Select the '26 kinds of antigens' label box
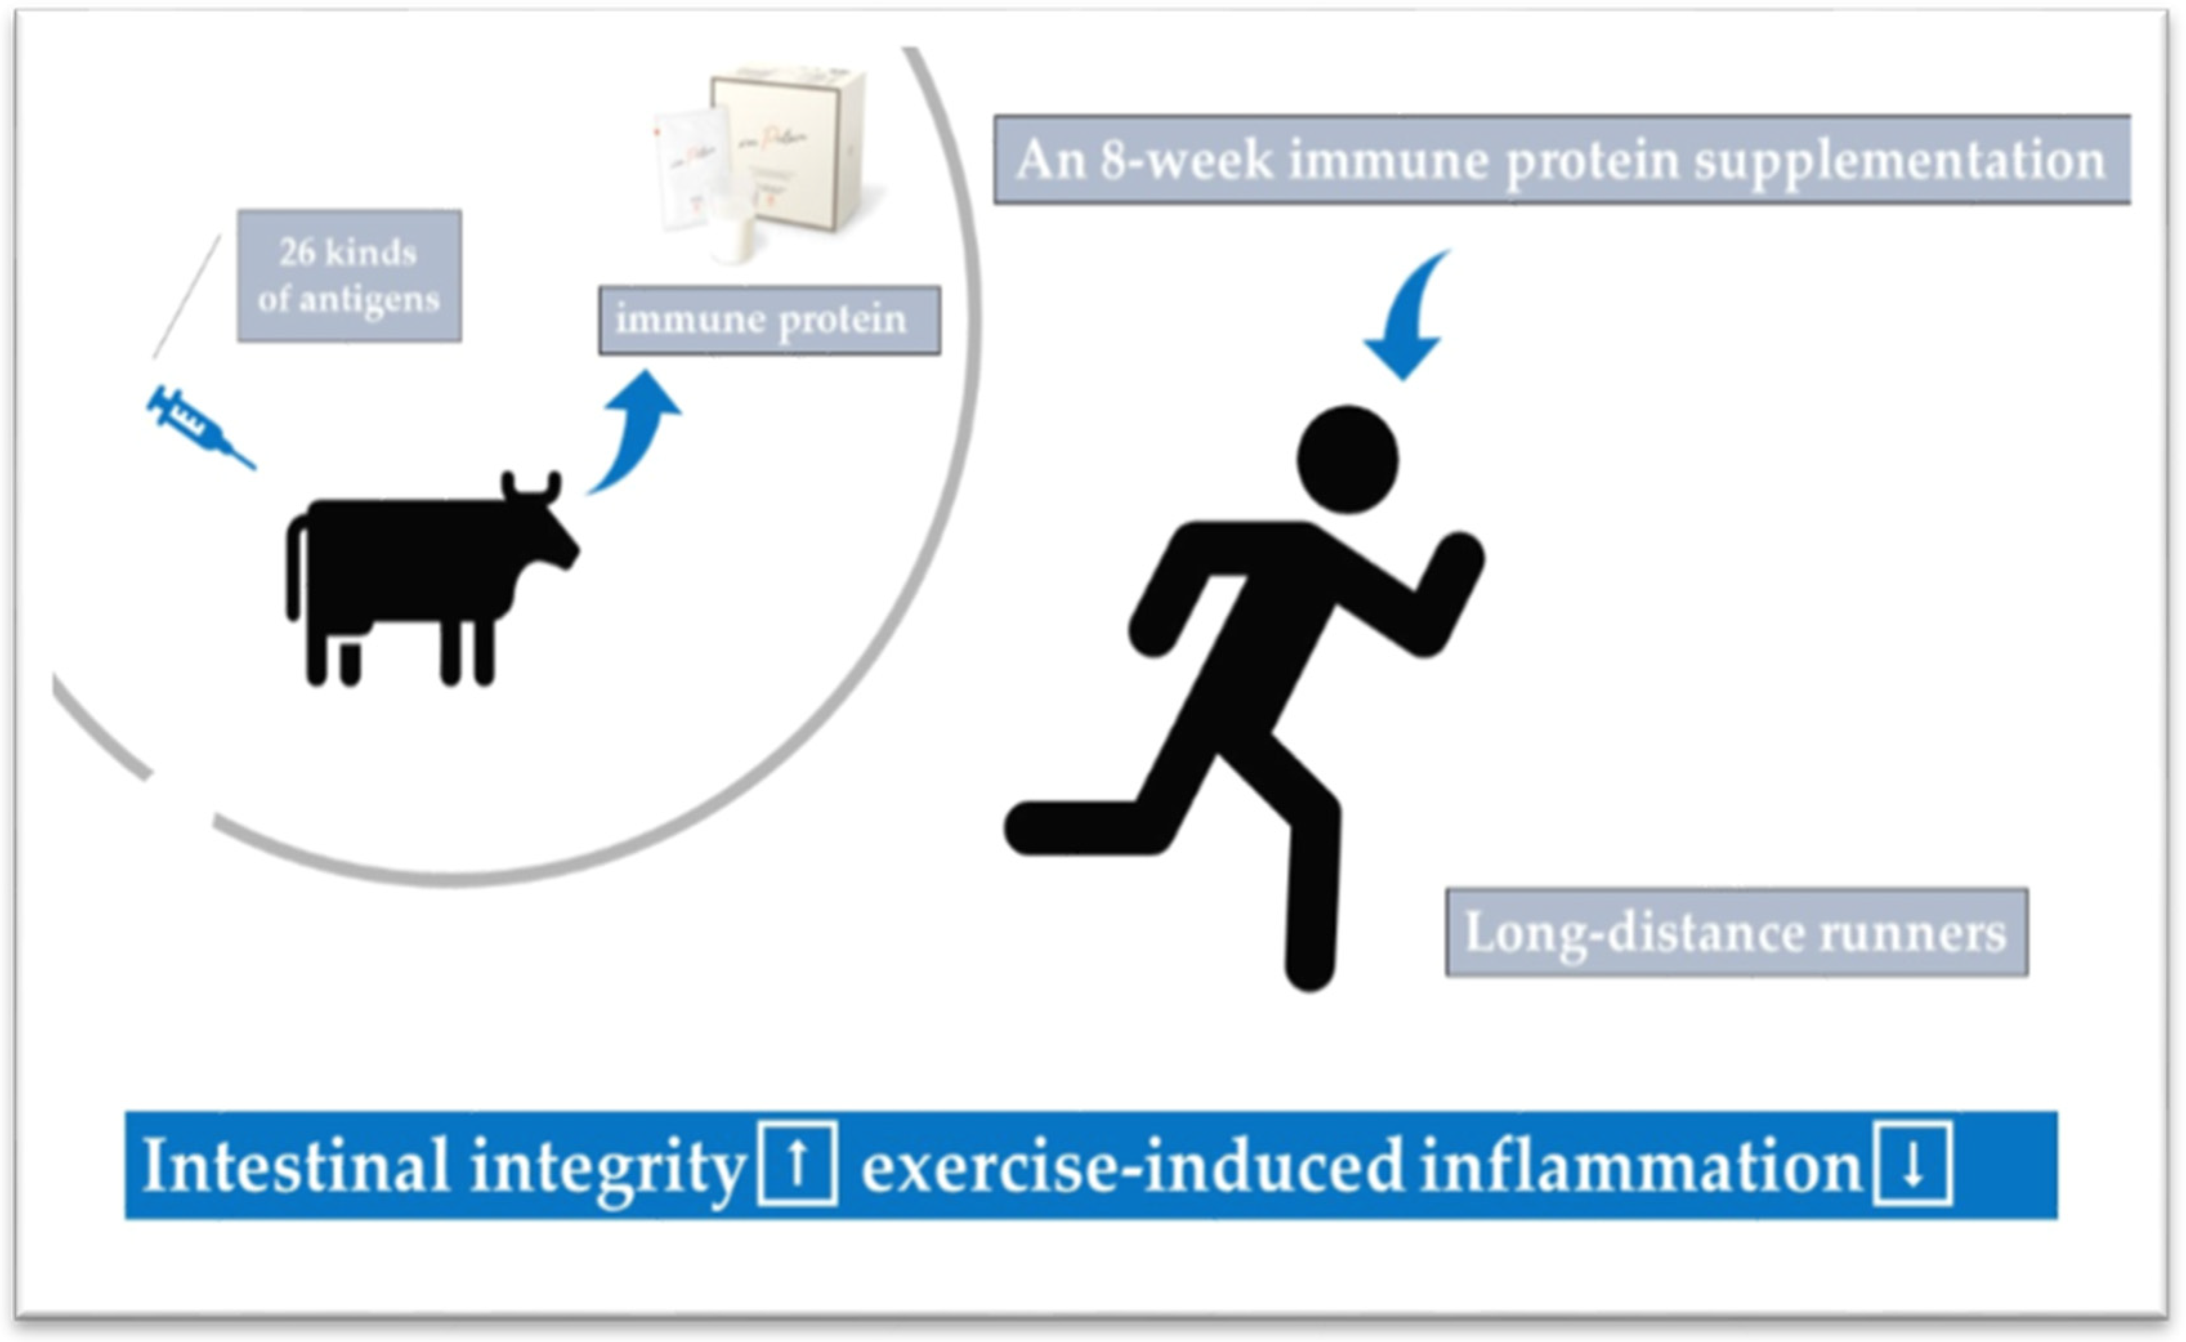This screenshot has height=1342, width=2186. coord(348,276)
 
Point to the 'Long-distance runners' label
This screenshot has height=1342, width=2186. coord(1736,934)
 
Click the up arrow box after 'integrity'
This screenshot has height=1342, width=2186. coord(796,1164)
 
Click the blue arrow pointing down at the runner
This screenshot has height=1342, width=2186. coord(1406,320)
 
